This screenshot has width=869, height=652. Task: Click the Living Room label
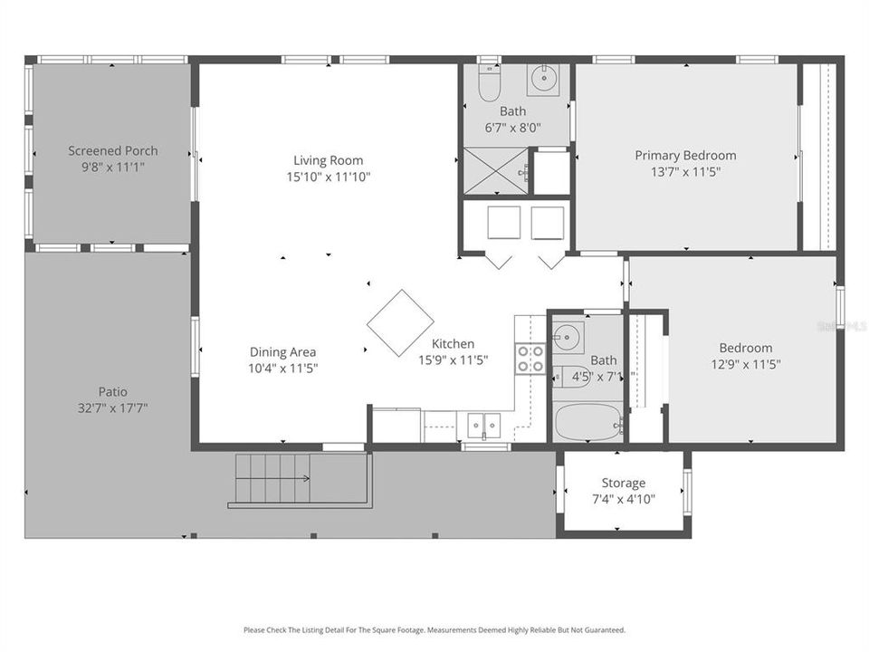[x=328, y=160]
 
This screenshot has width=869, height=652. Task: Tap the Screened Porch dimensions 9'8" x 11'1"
[x=113, y=167]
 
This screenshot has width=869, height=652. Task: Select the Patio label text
[x=113, y=392]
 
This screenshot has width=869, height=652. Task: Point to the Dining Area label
[x=283, y=352]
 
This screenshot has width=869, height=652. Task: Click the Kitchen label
[x=453, y=344]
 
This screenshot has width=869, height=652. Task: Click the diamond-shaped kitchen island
[x=400, y=323]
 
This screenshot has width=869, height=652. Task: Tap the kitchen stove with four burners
[x=530, y=359]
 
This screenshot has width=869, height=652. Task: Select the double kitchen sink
[x=483, y=424]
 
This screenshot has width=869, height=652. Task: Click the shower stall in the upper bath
[x=495, y=171]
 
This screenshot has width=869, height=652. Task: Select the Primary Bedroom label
[x=685, y=156]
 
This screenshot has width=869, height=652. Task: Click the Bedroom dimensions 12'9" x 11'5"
[x=746, y=364]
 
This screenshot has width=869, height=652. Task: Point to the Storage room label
[x=624, y=484]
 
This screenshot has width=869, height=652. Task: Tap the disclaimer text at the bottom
[x=434, y=629]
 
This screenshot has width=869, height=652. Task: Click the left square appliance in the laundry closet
[x=502, y=223]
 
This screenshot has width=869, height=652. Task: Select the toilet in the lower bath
[x=572, y=376]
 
